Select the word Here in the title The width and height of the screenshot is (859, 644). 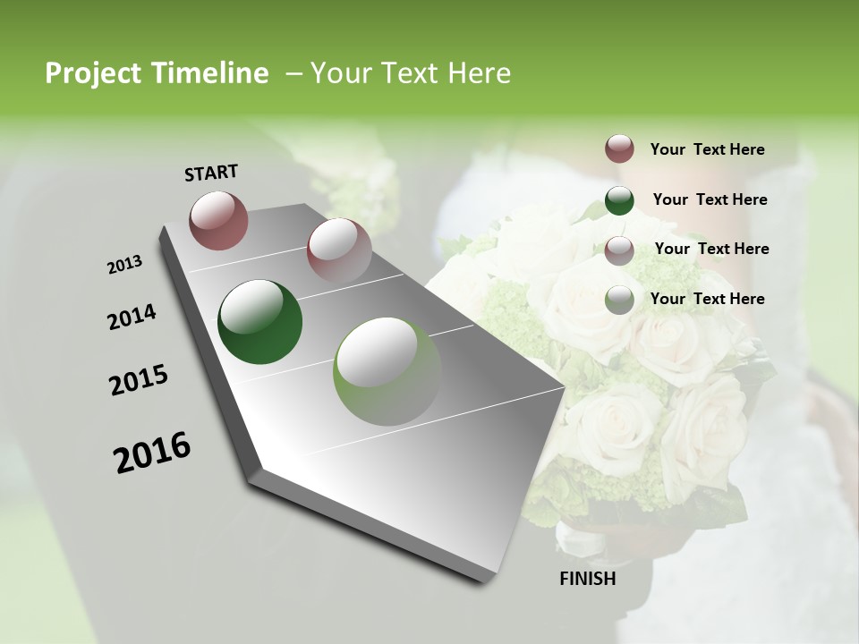478,73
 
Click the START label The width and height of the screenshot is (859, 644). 211,173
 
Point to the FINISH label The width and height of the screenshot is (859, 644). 588,579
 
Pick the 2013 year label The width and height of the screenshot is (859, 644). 125,265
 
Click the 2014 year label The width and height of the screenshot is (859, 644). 132,318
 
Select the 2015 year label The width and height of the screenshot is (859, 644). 139,380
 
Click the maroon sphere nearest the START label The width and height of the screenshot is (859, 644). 218,220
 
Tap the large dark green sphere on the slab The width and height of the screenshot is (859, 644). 259,323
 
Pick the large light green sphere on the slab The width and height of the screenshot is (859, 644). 387,371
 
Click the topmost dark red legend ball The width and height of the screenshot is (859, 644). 619,148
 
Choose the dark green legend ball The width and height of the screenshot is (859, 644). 619,199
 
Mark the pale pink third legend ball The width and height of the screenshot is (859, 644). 619,250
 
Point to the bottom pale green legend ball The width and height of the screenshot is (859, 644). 619,300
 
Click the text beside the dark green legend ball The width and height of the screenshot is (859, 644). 710,199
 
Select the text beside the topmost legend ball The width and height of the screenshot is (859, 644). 708,149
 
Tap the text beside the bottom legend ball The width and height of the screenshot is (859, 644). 708,299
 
